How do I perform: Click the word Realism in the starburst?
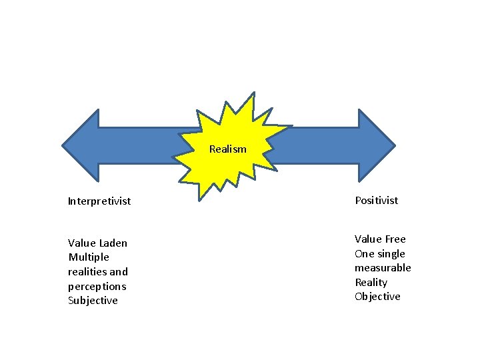tap(227, 149)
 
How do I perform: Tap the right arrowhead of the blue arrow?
tap(376, 145)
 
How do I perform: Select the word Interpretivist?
tap(99, 201)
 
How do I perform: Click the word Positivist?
tap(377, 200)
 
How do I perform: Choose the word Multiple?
tap(89, 257)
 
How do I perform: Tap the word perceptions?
tap(97, 286)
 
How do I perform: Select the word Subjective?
tap(93, 301)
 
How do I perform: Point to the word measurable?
tap(383, 268)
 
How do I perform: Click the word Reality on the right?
tap(371, 283)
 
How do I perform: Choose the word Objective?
tap(377, 297)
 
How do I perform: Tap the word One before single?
tap(365, 254)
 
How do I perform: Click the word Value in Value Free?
tap(368, 239)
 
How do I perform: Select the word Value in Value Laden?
tap(82, 243)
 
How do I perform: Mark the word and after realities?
tap(119, 272)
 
